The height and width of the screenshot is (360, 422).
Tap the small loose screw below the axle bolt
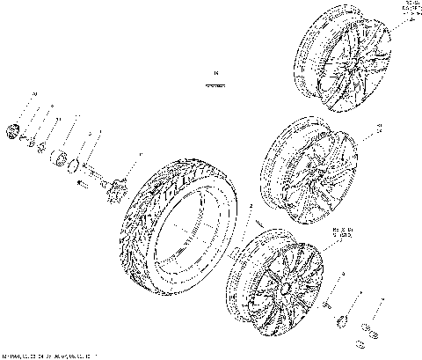coord(84,184)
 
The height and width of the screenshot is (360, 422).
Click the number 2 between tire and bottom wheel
coord(251,204)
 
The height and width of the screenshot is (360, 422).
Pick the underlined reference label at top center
coord(214,81)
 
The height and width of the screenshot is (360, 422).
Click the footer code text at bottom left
coord(48,355)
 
